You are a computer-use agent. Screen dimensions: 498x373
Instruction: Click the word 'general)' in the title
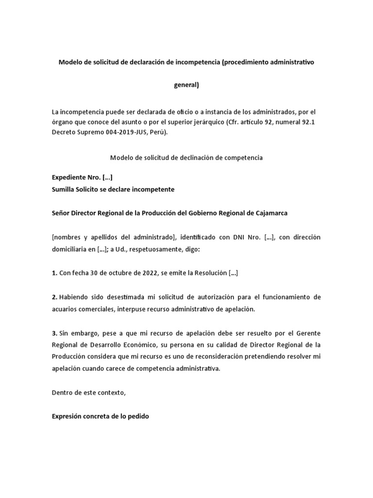coord(186,85)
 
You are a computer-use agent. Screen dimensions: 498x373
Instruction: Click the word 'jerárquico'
coord(170,122)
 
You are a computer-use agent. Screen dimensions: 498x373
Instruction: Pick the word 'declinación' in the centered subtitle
coord(198,158)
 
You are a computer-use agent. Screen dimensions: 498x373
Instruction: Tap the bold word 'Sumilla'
coord(64,189)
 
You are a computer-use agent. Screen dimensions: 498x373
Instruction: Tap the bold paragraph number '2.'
coord(54,297)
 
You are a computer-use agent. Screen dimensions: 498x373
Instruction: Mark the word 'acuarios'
coord(65,309)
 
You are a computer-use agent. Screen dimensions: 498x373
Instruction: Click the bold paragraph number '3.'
coord(54,333)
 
